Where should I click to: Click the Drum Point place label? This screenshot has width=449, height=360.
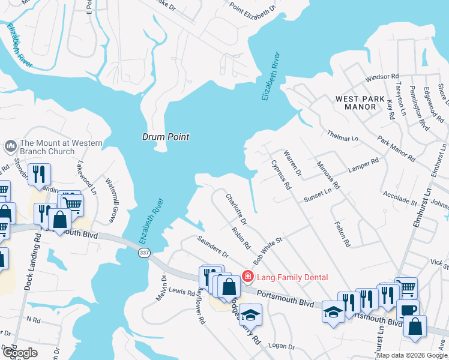pyautogui.click(x=166, y=137)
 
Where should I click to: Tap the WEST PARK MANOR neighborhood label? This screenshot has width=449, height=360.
pyautogui.click(x=355, y=103)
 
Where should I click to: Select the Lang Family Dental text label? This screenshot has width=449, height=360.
pyautogui.click(x=292, y=277)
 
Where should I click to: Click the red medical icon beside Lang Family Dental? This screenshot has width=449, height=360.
pyautogui.click(x=247, y=277)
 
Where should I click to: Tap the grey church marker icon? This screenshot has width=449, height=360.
pyautogui.click(x=10, y=146)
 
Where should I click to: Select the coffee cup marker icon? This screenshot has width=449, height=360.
pyautogui.click(x=408, y=309)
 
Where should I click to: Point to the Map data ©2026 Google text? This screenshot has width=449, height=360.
pyautogui.click(x=412, y=355)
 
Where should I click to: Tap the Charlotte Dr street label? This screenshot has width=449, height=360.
pyautogui.click(x=235, y=206)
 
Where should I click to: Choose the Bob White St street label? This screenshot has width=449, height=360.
pyautogui.click(x=268, y=251)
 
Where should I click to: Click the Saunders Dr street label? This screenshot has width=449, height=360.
pyautogui.click(x=213, y=247)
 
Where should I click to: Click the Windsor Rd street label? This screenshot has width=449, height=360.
pyautogui.click(x=382, y=77)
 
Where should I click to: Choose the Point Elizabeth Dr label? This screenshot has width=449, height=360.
pyautogui.click(x=253, y=8)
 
